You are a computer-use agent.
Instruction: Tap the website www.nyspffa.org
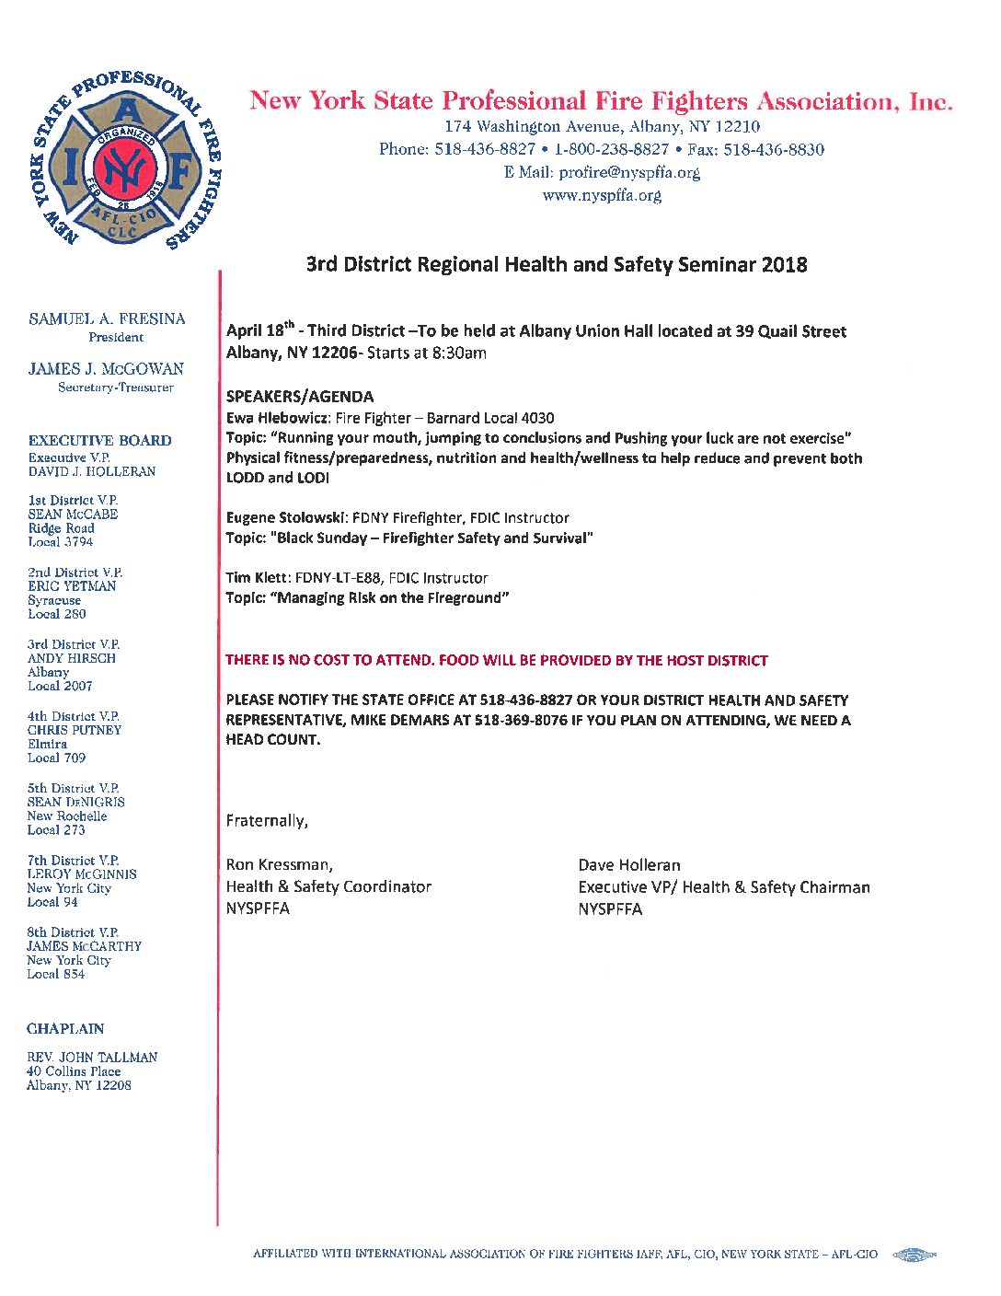tap(602, 195)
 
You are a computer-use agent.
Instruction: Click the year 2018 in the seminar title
tap(784, 265)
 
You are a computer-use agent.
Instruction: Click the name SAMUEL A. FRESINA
tap(107, 319)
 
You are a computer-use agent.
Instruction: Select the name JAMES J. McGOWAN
tap(106, 369)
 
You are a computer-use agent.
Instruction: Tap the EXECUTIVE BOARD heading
tap(99, 441)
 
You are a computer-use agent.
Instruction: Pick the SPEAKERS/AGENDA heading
tap(300, 397)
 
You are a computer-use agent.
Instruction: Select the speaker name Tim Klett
tap(256, 578)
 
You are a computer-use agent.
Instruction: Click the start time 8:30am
tap(459, 353)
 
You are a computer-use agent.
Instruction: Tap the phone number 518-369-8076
tap(522, 720)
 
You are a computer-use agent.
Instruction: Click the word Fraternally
tap(267, 821)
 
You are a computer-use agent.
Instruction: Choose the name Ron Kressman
tap(279, 864)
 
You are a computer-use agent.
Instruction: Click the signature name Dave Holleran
tap(629, 865)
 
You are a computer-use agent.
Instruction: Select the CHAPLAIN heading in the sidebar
tap(65, 1029)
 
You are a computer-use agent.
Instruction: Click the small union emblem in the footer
tap(914, 1255)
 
